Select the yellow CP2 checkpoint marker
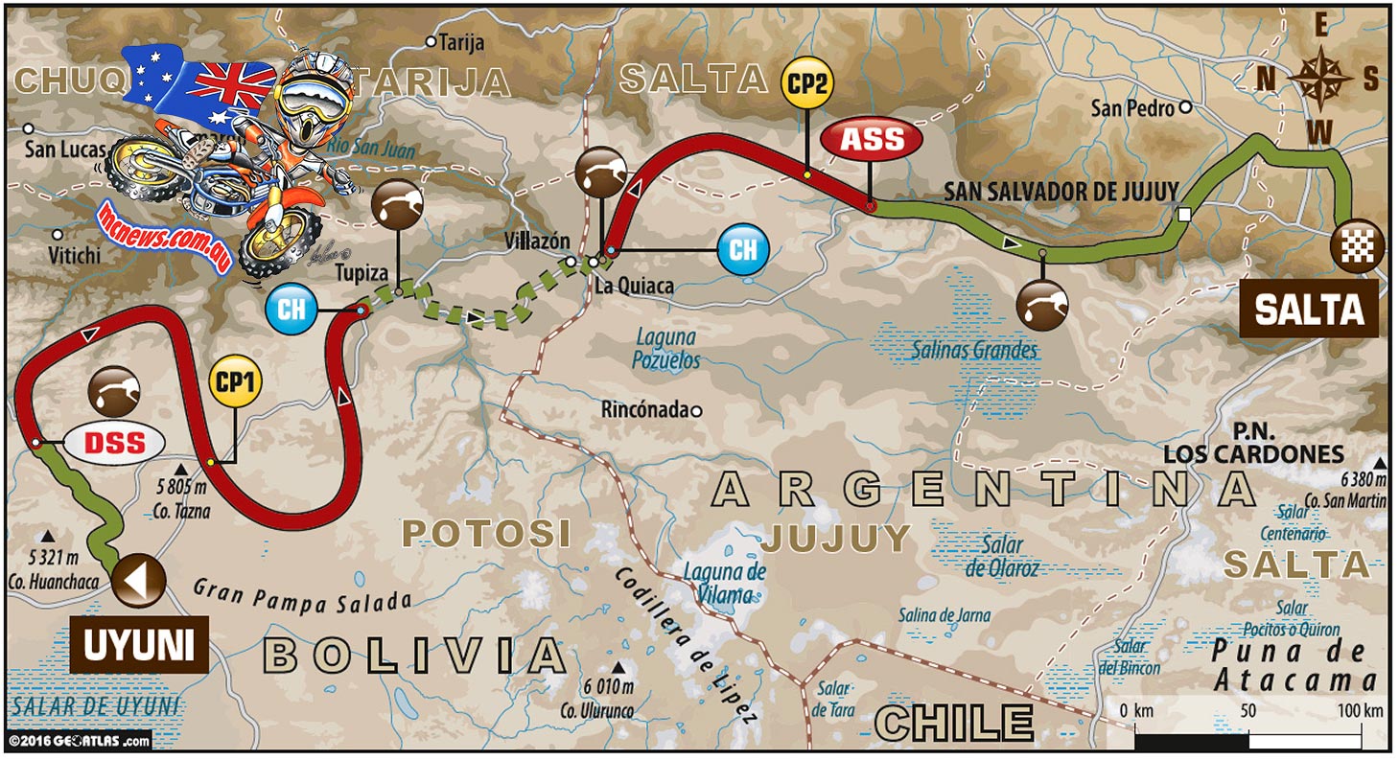807,82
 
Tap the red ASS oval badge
872,140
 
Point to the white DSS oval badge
115,443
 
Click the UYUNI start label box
139,647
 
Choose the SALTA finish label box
1309,309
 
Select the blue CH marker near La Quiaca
743,250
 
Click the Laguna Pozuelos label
666,349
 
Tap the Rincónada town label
644,410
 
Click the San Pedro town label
1132,108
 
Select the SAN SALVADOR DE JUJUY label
1061,191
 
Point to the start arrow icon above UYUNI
138,581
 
